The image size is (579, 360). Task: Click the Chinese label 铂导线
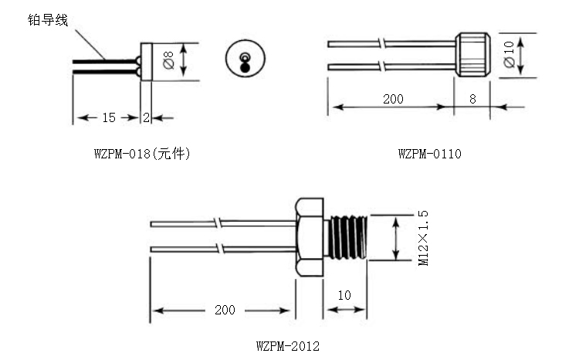48,19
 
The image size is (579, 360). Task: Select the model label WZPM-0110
429,154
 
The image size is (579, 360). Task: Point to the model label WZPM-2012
286,345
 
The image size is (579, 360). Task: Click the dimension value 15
108,117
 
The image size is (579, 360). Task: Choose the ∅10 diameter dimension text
508,54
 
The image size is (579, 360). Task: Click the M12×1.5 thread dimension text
423,238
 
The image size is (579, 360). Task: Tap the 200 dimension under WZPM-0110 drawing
393,100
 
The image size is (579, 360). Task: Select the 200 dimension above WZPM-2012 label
225,310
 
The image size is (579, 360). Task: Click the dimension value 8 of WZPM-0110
473,100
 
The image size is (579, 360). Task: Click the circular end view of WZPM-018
245,60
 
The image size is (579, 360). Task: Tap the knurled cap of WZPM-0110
472,54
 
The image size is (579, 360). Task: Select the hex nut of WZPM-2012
310,236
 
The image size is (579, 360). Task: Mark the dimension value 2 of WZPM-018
146,117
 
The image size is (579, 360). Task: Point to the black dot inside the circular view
245,66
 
